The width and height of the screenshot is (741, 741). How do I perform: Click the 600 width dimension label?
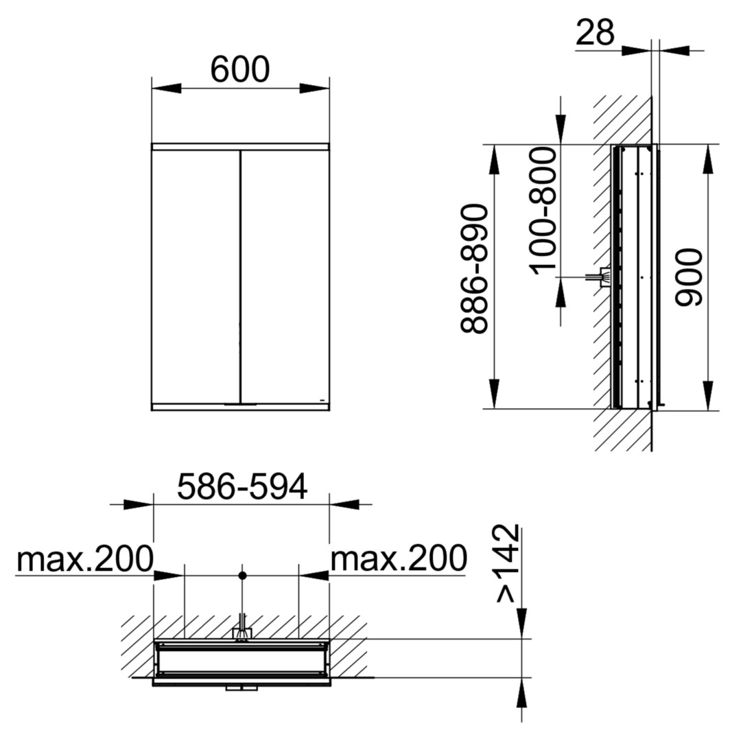tap(240, 69)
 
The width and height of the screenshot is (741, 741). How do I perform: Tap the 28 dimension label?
tap(596, 32)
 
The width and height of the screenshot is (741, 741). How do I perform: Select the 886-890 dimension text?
tap(474, 269)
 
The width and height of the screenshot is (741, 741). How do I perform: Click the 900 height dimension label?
tap(689, 277)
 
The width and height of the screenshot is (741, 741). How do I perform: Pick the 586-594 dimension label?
tap(242, 486)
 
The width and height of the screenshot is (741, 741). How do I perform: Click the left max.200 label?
tap(85, 558)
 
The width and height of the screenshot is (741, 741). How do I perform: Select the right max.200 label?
tap(399, 558)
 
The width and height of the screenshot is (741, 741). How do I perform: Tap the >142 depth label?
tap(508, 563)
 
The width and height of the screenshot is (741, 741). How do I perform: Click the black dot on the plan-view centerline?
tap(242, 575)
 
